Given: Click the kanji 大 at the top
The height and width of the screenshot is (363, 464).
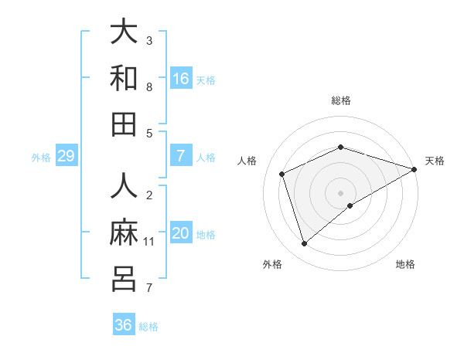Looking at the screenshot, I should click(x=124, y=32).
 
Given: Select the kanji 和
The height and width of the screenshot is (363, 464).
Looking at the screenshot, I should click(x=124, y=78).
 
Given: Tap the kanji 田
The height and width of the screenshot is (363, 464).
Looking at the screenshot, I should click(x=124, y=124).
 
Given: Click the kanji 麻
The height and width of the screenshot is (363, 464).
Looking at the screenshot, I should click(x=124, y=232).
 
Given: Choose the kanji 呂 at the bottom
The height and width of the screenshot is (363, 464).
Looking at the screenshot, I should click(x=124, y=279).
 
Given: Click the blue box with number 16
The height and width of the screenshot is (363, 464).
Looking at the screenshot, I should click(x=181, y=79).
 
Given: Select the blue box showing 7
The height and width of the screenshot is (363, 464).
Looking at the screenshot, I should click(x=181, y=156).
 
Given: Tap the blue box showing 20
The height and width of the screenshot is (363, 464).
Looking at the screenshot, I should click(x=181, y=233).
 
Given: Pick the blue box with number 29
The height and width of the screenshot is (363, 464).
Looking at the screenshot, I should click(x=66, y=156).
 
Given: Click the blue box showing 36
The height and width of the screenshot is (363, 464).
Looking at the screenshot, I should click(x=124, y=325).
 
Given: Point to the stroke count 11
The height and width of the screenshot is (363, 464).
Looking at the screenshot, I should click(x=149, y=242).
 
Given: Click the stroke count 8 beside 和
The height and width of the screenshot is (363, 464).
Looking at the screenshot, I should click(x=149, y=87).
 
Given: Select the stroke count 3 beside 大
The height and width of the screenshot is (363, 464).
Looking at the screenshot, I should click(x=149, y=41).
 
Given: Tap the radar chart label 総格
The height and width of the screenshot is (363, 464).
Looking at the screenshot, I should click(x=341, y=100).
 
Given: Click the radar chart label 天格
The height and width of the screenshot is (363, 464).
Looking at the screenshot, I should click(x=435, y=161).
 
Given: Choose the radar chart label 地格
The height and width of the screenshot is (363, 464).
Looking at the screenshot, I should click(x=405, y=264).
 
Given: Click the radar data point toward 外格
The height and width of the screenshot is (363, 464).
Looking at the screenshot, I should click(x=304, y=244).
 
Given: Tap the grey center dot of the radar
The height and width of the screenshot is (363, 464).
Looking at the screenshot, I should click(x=341, y=192).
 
